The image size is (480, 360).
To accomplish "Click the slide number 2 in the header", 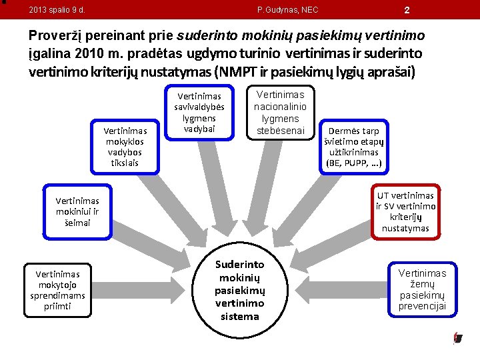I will coord(407,9).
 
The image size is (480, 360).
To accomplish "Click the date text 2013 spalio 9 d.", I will coord(57,10).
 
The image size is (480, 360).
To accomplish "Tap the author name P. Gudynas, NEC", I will coord(287,10).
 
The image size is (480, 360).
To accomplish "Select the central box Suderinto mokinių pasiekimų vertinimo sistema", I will coord(239,291).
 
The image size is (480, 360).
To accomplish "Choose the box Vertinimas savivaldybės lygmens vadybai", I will coord(199,112).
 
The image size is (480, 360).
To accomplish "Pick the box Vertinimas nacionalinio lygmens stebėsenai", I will coord(280,112).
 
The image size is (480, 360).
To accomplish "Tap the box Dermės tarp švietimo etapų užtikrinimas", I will coord(354,147).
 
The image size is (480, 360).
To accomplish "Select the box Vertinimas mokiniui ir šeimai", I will coord(77,211).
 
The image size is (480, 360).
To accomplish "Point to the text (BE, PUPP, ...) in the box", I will coord(354,163).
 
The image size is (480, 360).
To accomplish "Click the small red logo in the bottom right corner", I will coord(457,338).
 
